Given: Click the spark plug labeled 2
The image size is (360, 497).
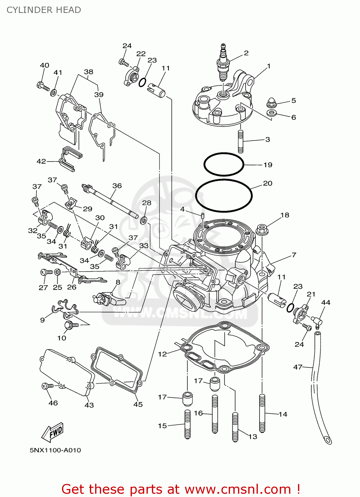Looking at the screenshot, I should (x=223, y=64).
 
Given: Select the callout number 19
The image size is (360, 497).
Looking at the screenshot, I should (x=268, y=165).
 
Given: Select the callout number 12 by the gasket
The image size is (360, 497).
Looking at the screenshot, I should (x=162, y=354).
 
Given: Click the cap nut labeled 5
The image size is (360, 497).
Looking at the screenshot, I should (x=271, y=103).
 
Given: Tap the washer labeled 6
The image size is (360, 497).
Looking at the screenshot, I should (x=272, y=113).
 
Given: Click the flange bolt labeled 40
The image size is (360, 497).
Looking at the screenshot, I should (x=42, y=86).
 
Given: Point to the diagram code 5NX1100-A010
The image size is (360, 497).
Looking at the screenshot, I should (x=55, y=450).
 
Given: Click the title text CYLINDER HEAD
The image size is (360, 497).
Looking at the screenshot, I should (x=44, y=10).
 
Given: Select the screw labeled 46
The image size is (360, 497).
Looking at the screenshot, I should (x=46, y=386).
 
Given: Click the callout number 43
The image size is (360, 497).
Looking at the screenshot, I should (x=89, y=405).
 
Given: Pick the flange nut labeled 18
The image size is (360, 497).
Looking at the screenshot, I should (x=262, y=229).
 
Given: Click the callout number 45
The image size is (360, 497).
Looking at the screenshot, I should (x=138, y=405).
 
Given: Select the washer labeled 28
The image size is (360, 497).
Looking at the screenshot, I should (x=144, y=220).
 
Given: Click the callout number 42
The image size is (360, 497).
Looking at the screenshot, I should (x=41, y=161).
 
